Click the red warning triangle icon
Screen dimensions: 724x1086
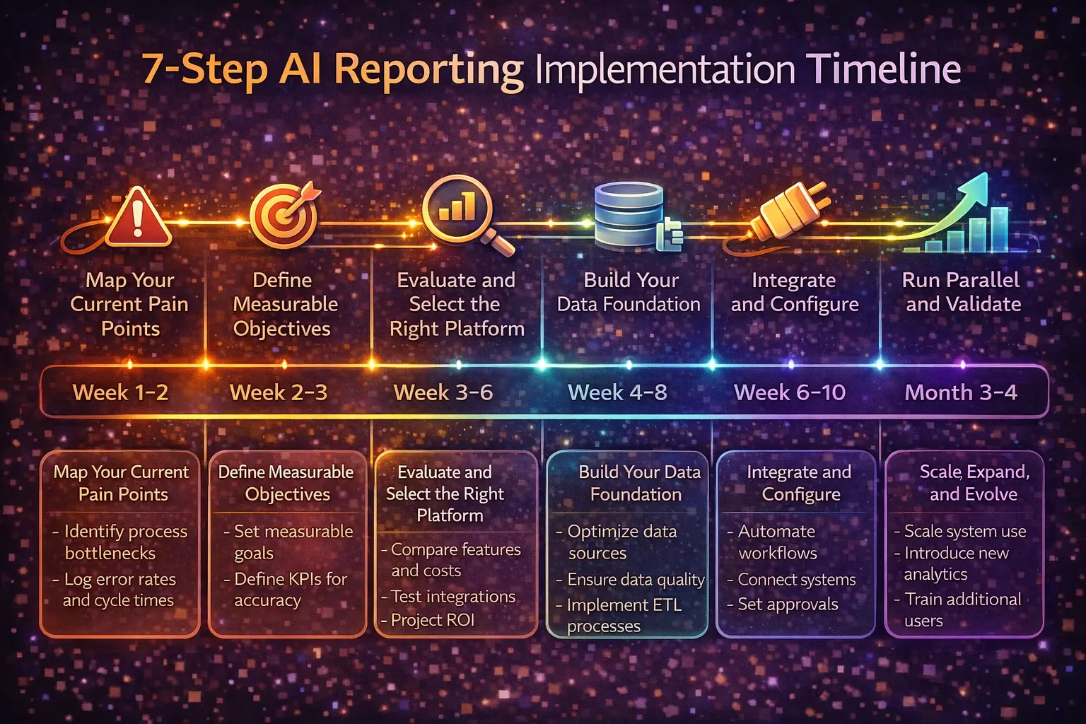[138, 218]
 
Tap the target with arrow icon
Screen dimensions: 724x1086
[283, 216]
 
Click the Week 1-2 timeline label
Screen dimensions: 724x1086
[121, 392]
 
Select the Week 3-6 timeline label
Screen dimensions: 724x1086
[443, 392]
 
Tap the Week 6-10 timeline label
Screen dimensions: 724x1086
[790, 392]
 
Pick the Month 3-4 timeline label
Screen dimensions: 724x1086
[961, 392]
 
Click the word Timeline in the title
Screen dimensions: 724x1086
[883, 69]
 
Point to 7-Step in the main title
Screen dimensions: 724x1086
[205, 69]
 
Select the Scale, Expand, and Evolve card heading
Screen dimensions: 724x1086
[974, 483]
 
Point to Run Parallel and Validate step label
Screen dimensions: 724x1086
[962, 292]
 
